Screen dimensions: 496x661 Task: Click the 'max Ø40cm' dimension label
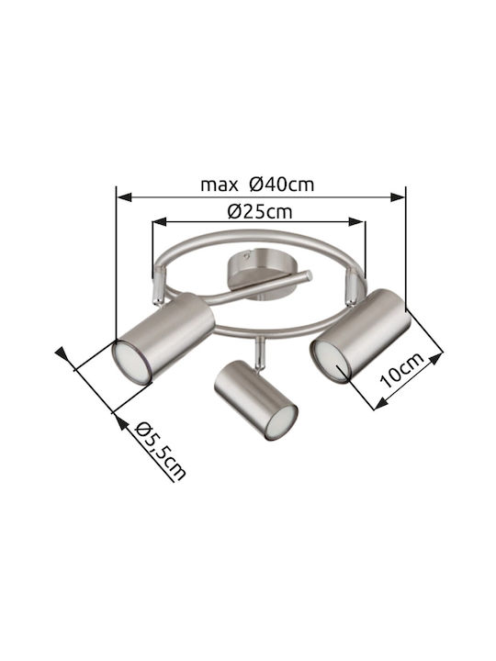click(x=257, y=185)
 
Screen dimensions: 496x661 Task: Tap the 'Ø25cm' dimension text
click(x=259, y=212)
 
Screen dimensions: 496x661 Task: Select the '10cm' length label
click(x=401, y=370)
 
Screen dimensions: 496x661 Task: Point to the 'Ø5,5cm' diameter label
click(x=161, y=450)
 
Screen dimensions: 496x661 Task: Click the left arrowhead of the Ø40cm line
click(x=124, y=196)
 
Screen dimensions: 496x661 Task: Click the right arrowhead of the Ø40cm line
click(x=398, y=196)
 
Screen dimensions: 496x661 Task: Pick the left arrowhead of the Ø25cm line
click(x=160, y=222)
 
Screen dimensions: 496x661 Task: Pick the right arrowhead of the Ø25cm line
click(x=356, y=222)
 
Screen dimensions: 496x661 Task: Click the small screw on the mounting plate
click(x=246, y=255)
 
